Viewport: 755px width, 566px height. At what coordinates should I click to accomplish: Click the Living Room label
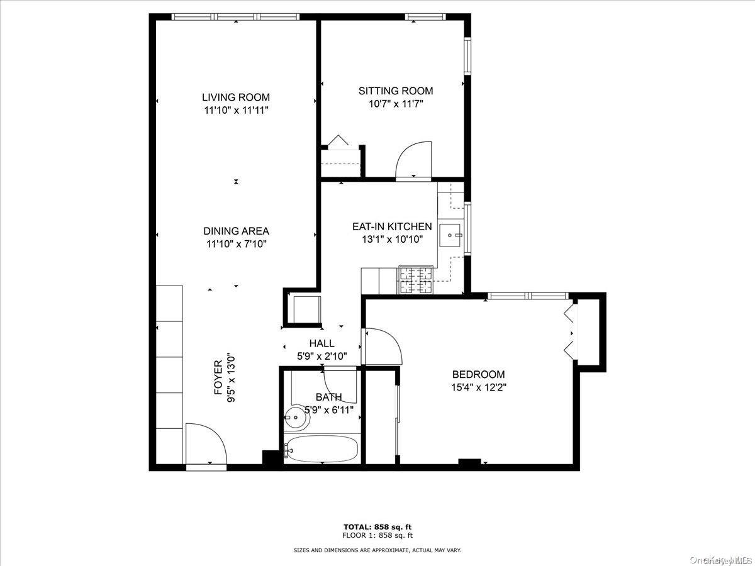pyautogui.click(x=236, y=97)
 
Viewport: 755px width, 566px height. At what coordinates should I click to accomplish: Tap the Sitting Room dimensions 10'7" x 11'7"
pyautogui.click(x=396, y=104)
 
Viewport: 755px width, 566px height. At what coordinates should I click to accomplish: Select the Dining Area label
pyautogui.click(x=237, y=231)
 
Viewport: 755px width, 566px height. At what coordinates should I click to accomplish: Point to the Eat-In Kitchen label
pyautogui.click(x=392, y=226)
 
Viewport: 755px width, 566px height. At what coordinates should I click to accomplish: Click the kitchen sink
pyautogui.click(x=450, y=235)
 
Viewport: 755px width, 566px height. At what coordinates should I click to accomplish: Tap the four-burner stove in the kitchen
pyautogui.click(x=416, y=280)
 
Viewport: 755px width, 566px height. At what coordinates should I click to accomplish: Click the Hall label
pyautogui.click(x=322, y=343)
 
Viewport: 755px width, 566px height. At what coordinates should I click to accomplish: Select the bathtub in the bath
pyautogui.click(x=322, y=449)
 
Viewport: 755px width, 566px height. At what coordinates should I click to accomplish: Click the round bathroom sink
pyautogui.click(x=297, y=418)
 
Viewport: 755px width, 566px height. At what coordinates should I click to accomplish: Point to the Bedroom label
pyautogui.click(x=478, y=374)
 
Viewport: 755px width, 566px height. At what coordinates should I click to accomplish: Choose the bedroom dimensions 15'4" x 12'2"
pyautogui.click(x=479, y=387)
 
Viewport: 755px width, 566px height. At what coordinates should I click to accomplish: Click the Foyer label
pyautogui.click(x=218, y=377)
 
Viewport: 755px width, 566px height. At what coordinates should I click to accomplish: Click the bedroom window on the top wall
pyautogui.click(x=528, y=296)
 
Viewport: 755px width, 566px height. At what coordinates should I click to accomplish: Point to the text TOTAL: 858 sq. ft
pyautogui.click(x=377, y=527)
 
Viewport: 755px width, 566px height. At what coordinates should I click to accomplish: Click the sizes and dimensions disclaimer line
pyautogui.click(x=377, y=550)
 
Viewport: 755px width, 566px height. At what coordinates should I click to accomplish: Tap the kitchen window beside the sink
pyautogui.click(x=467, y=229)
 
